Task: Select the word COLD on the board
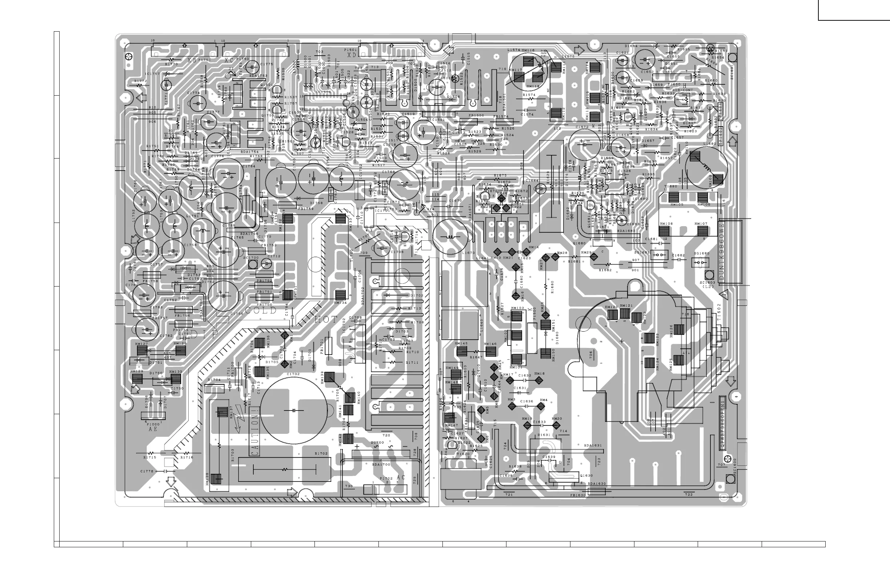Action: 260,311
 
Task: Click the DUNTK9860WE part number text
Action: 721,253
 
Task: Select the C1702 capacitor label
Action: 293,374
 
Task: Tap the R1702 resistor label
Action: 321,453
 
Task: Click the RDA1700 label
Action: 381,464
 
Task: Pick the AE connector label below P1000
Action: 153,429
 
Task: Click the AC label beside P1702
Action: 401,477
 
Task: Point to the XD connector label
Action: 352,55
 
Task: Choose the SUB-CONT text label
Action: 682,90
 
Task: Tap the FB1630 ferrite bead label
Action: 578,495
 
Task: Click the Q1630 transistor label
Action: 586,475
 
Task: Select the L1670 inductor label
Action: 468,253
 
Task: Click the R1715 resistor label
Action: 149,457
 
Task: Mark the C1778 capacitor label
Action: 147,471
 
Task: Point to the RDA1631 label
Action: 593,445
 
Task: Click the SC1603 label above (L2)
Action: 707,283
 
